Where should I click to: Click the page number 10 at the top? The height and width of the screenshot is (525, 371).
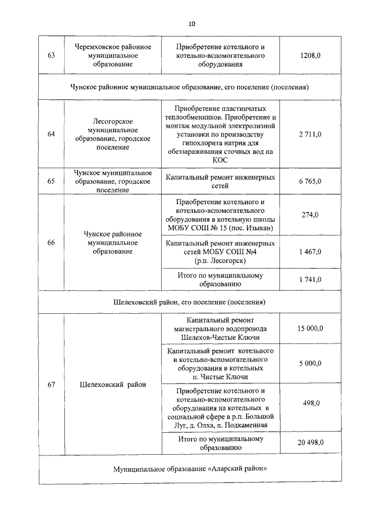[192, 24]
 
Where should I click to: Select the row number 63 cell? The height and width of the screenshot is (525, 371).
[51, 56]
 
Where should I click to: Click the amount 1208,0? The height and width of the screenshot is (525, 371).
[310, 56]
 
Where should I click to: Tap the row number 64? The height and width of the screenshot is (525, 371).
[51, 134]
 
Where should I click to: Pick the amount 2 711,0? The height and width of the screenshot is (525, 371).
[310, 134]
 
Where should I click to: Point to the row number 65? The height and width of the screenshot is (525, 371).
[51, 182]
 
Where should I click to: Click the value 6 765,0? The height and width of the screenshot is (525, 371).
[310, 182]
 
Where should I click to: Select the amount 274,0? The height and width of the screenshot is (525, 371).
[310, 215]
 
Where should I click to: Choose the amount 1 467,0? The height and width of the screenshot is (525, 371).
[310, 251]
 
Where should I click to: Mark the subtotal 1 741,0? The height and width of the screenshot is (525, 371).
[310, 280]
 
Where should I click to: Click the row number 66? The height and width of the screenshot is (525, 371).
[51, 242]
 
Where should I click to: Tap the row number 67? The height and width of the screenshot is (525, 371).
[51, 385]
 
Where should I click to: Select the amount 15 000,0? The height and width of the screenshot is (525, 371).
[310, 328]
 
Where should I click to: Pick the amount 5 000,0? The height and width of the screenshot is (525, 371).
[310, 364]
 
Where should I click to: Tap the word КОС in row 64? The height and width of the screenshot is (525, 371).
[220, 160]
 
